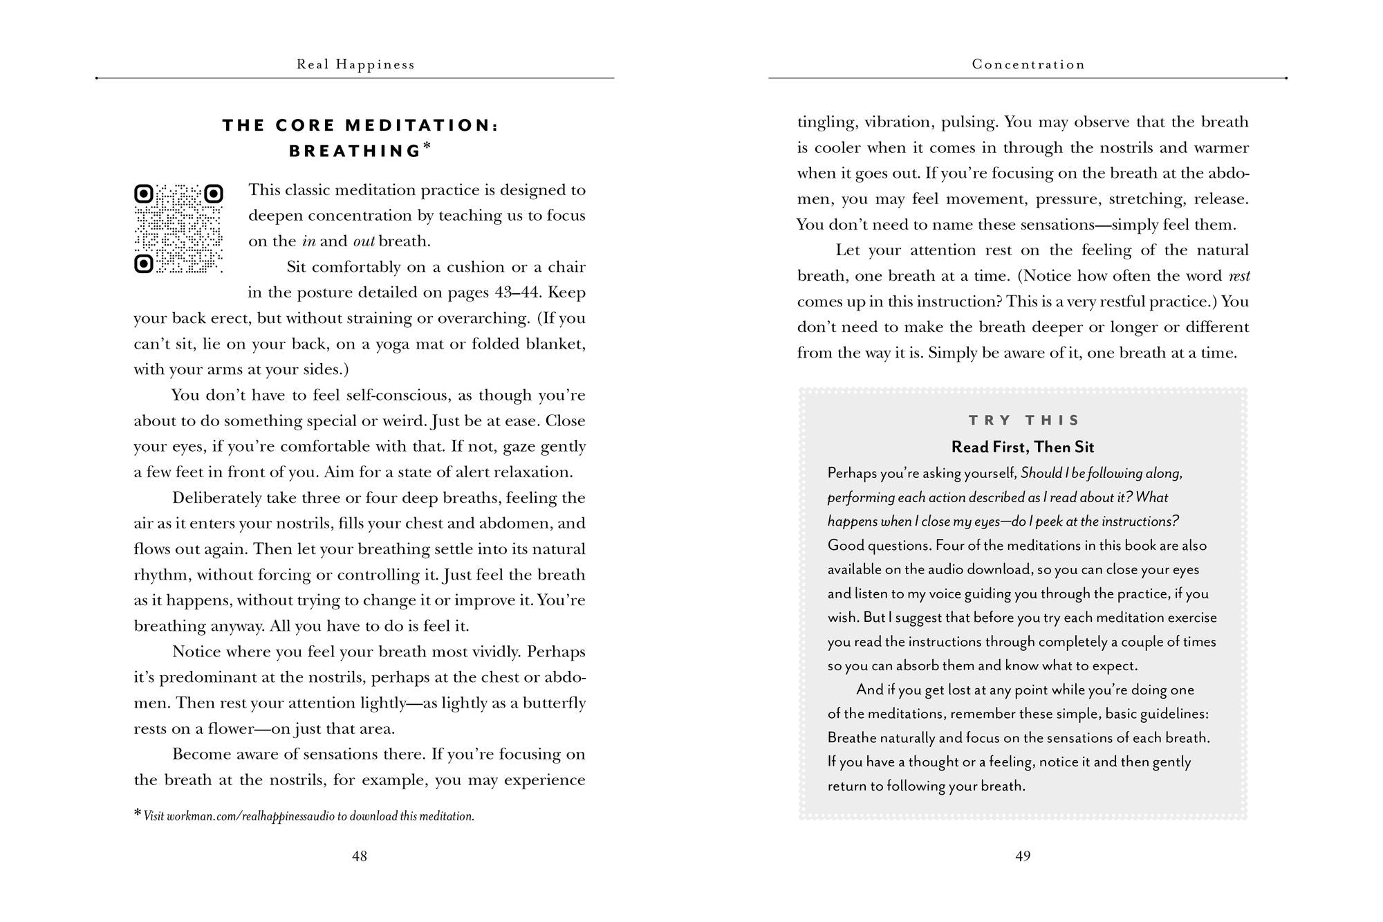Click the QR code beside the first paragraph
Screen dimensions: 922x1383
coord(178,228)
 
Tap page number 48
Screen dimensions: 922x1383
coord(360,856)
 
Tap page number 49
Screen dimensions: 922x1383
coord(1023,856)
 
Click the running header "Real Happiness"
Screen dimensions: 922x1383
coord(355,65)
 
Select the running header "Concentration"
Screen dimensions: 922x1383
coord(1028,65)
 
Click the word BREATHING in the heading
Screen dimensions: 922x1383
coord(355,151)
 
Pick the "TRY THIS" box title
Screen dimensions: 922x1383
coord(1024,421)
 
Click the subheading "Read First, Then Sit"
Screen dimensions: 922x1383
coord(1023,447)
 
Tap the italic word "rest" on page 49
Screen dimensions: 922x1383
coord(1239,277)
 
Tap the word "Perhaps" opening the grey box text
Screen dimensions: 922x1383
coord(853,474)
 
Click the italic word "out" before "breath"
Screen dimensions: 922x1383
coord(364,241)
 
